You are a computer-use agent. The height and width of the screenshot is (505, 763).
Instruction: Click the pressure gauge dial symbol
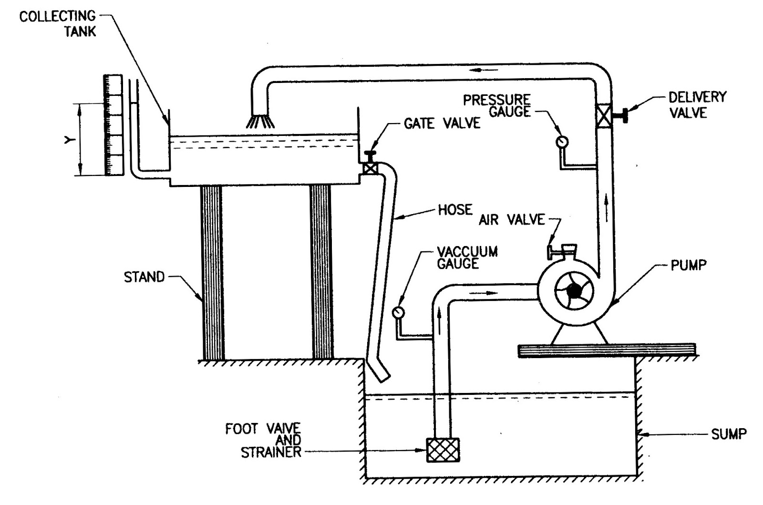coord(563,142)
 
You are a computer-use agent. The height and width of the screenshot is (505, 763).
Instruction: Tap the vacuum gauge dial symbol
coord(398,312)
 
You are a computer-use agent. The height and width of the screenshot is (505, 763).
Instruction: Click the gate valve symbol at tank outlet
coord(370,168)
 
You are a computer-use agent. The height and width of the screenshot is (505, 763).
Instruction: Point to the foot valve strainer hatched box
coord(443,450)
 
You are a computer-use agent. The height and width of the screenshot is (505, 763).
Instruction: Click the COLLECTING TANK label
coord(57,24)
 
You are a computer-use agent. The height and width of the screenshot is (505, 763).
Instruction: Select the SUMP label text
coord(729,434)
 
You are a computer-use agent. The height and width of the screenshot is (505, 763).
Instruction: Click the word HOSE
coord(455,210)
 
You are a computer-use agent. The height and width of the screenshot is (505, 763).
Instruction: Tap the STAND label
coord(144,277)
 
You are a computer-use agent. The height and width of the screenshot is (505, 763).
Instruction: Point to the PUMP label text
coord(688,265)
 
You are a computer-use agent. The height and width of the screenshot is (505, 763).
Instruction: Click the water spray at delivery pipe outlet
coord(260,121)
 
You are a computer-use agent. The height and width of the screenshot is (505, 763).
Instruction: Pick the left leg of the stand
coord(211,272)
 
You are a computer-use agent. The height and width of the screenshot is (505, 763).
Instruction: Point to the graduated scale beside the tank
coord(113,125)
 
